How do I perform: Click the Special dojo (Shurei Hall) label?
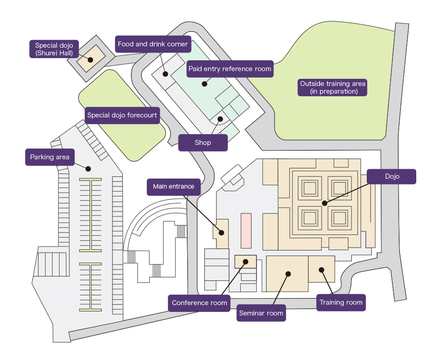pyautogui.click(x=54, y=49)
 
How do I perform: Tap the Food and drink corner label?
pyautogui.click(x=153, y=44)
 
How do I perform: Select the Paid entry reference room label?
pyautogui.click(x=230, y=69)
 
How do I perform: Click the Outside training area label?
pyautogui.click(x=333, y=87)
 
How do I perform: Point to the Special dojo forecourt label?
pyautogui.click(x=122, y=115)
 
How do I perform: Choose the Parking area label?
pyautogui.click(x=49, y=157)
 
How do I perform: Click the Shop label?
pyautogui.click(x=203, y=143)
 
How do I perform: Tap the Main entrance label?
pyautogui.click(x=173, y=186)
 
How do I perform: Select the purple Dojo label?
pyautogui.click(x=391, y=176)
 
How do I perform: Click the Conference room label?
pyautogui.click(x=199, y=303)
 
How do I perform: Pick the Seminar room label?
pyautogui.click(x=261, y=313)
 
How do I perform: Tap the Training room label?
pyautogui.click(x=341, y=302)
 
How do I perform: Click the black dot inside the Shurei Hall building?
pyautogui.click(x=90, y=59)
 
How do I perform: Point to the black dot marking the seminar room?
pyautogui.click(x=288, y=274)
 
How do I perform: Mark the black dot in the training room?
pyautogui.click(x=322, y=270)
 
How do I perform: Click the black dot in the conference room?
pyautogui.click(x=245, y=261)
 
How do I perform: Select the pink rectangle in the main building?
pyautogui.click(x=246, y=230)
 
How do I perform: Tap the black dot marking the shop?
pyautogui.click(x=220, y=119)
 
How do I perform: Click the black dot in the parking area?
pyautogui.click(x=88, y=169)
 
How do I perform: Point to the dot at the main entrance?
pyautogui.click(x=221, y=233)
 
